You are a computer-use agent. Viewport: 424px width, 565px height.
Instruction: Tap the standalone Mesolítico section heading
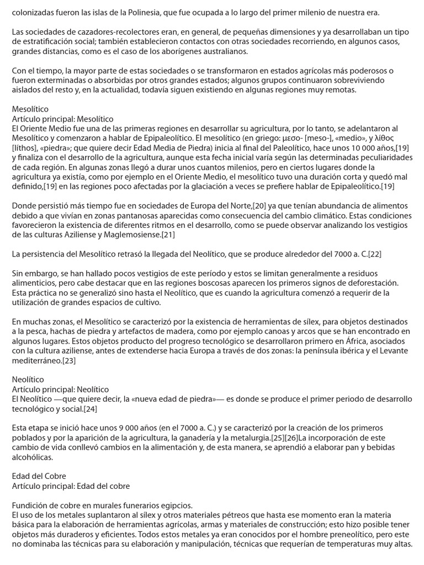pos(30,109)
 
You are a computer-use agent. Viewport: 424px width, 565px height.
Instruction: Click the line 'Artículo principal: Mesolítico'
pos(62,119)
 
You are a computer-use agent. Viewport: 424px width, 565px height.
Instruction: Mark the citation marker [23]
pos(68,360)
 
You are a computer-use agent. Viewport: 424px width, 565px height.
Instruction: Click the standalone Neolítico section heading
pos(28,380)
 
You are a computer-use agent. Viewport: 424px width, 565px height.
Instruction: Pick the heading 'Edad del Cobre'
pos(38,476)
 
